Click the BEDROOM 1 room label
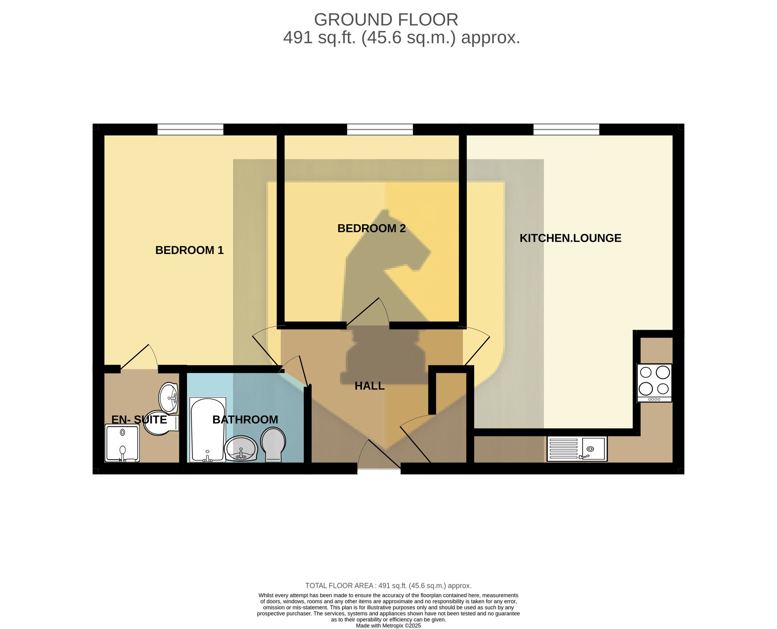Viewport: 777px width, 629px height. (x=189, y=250)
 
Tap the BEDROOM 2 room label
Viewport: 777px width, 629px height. (x=371, y=228)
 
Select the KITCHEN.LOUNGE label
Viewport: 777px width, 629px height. (x=570, y=238)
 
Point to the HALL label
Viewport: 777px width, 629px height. (x=370, y=386)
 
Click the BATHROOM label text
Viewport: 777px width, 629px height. (x=245, y=420)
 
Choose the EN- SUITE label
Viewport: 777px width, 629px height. (x=139, y=420)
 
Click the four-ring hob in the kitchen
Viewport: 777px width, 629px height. (x=654, y=383)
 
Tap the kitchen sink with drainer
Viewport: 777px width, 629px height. (x=577, y=449)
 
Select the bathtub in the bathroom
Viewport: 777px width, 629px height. (x=208, y=430)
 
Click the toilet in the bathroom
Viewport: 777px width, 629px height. (x=273, y=444)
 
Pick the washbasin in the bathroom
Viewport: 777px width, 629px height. (x=241, y=448)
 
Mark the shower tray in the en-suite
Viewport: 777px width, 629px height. (x=122, y=443)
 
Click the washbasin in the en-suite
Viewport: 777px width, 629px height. (x=168, y=398)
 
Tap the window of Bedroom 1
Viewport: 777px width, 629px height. (x=190, y=129)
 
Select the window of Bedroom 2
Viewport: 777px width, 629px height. (x=380, y=129)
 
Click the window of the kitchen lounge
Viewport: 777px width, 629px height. (x=566, y=129)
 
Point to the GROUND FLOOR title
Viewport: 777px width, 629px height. (x=386, y=20)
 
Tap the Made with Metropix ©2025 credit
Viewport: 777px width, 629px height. (x=388, y=626)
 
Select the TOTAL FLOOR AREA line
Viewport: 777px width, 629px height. (x=388, y=586)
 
